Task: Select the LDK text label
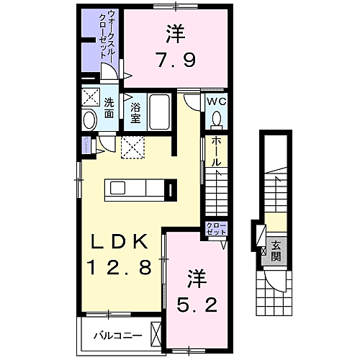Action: point(120,241)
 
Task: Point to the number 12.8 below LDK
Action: point(120,269)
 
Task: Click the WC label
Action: point(216,102)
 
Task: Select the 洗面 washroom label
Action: point(109,108)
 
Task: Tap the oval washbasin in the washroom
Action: point(90,120)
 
